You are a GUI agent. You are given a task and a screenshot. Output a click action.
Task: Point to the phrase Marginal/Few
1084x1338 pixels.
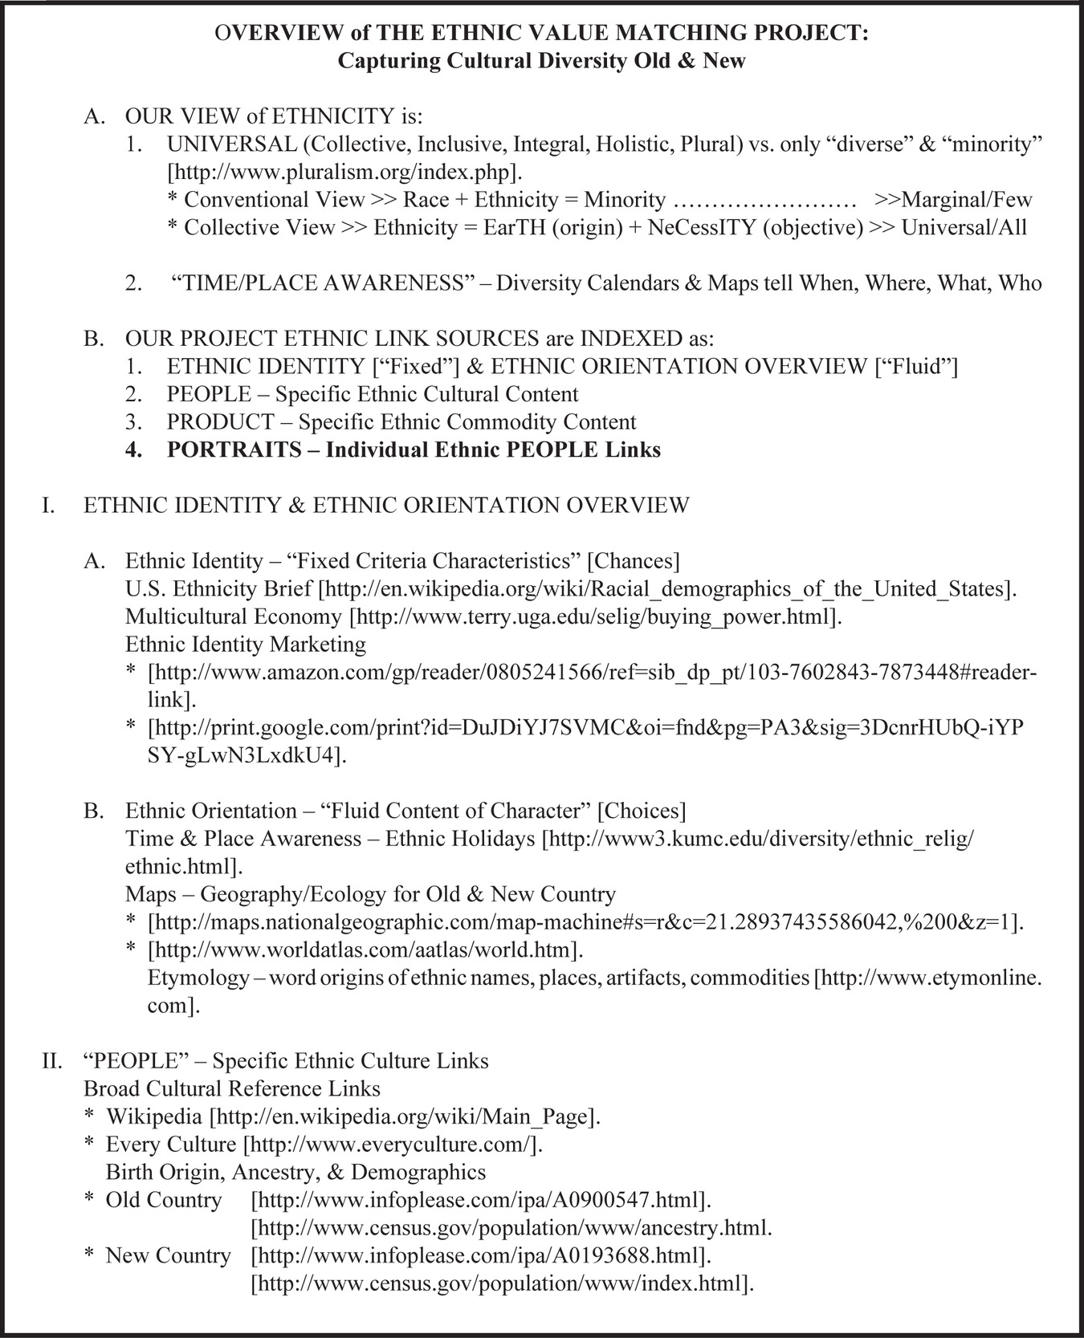tap(967, 199)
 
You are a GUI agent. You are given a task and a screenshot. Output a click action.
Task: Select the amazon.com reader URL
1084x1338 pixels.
tap(593, 673)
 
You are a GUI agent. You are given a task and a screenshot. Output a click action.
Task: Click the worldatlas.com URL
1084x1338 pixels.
tap(365, 950)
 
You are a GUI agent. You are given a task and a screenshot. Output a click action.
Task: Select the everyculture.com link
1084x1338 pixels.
tap(393, 1144)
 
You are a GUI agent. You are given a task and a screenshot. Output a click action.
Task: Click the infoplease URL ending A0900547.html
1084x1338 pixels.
tap(482, 1200)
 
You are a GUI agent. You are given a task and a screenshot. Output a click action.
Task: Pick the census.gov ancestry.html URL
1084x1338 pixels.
tap(511, 1227)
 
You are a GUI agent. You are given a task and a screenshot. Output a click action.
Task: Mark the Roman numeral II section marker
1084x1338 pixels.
tap(52, 1061)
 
